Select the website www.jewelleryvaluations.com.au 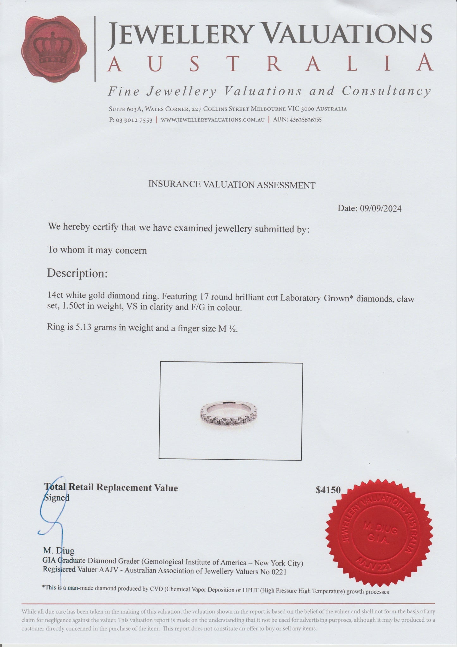213,120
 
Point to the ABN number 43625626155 304,120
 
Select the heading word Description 77,273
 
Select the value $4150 328,490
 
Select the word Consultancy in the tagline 386,91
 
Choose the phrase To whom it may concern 97,250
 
